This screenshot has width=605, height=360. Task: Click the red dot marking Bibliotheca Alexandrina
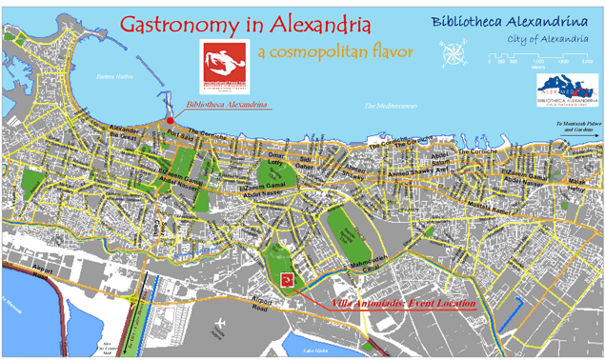(x=170, y=121)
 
